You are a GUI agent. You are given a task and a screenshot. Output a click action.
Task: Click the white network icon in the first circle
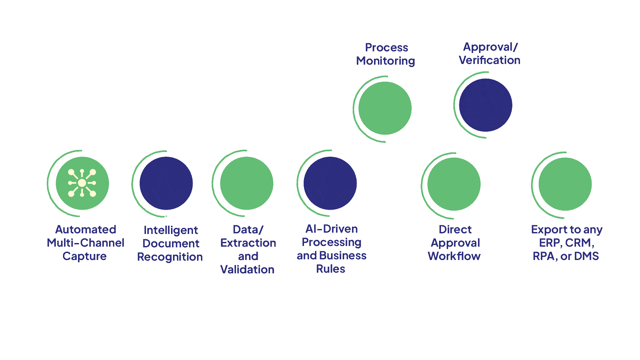click(x=82, y=183)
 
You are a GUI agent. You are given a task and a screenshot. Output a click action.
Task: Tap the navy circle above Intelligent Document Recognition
click(x=166, y=183)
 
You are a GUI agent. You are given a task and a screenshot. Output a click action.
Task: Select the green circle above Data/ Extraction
click(x=247, y=183)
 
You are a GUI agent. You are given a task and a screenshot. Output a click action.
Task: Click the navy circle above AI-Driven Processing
click(x=330, y=183)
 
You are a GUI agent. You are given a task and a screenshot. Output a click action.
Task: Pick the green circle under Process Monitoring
click(x=385, y=108)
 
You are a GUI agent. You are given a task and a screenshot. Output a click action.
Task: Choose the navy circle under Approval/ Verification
click(x=486, y=105)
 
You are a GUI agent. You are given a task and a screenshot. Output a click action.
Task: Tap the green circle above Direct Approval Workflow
click(x=454, y=184)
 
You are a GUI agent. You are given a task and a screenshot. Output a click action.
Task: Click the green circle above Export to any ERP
click(x=565, y=184)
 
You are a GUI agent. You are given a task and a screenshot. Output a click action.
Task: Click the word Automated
click(x=86, y=229)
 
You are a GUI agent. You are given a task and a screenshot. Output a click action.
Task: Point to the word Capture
click(x=84, y=256)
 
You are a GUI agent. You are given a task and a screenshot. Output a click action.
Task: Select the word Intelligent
click(x=171, y=230)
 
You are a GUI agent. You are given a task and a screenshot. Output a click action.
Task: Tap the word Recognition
click(x=170, y=257)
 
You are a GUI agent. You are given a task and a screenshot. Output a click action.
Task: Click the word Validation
click(x=247, y=269)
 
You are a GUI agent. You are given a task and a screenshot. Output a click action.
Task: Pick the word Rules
click(x=331, y=269)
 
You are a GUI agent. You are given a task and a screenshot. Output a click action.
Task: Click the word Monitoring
click(x=386, y=61)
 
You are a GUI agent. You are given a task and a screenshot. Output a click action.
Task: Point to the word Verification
click(x=490, y=60)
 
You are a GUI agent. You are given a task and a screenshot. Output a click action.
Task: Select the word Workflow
click(x=454, y=256)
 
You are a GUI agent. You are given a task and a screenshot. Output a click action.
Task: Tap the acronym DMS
click(x=586, y=256)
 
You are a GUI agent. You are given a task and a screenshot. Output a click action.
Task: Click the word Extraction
click(x=248, y=243)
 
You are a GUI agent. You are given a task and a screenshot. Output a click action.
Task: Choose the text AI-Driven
click(x=332, y=229)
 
